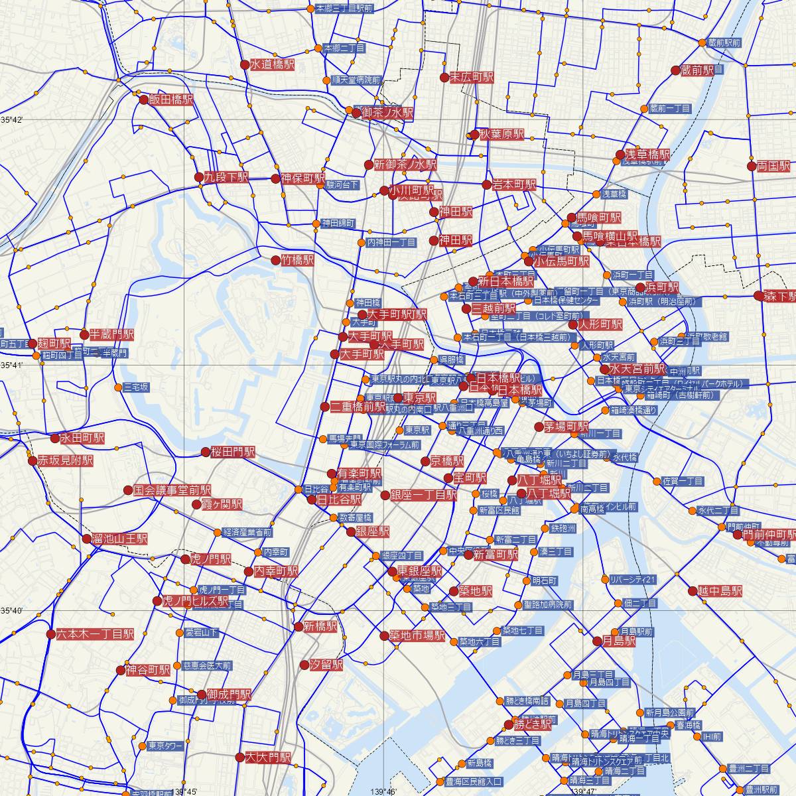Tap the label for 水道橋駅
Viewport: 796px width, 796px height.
(x=272, y=64)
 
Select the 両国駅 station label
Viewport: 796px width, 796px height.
(x=775, y=166)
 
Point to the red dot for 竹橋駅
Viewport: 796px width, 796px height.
(x=275, y=261)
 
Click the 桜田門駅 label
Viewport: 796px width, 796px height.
(x=233, y=452)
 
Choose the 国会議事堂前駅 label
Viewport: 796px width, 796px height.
(x=172, y=491)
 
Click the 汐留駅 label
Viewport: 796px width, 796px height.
(x=326, y=665)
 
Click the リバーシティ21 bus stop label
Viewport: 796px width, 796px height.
(x=632, y=580)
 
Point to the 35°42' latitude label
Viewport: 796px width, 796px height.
(x=11, y=120)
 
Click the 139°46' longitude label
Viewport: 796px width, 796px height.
(x=384, y=791)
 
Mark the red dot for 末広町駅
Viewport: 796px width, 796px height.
(x=444, y=78)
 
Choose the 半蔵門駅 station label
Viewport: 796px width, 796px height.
(x=111, y=334)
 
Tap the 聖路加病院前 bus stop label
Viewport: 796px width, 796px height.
(x=547, y=605)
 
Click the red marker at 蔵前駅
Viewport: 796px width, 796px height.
(x=675, y=70)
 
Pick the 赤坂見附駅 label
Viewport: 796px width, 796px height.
(x=65, y=460)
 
